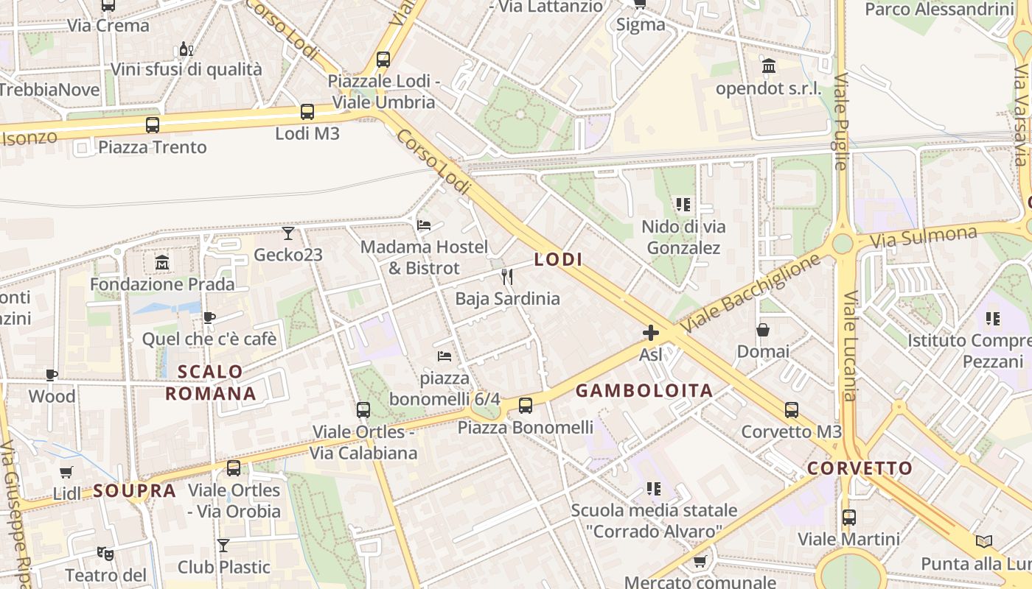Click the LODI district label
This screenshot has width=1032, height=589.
(x=558, y=259)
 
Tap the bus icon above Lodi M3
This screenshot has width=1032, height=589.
(x=307, y=112)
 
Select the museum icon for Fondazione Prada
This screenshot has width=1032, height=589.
(x=161, y=262)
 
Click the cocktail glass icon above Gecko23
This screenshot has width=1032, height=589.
(x=288, y=233)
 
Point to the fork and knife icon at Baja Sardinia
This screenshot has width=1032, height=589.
(x=507, y=277)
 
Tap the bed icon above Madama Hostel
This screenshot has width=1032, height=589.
(x=424, y=225)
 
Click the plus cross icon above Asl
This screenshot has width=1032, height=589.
(x=651, y=333)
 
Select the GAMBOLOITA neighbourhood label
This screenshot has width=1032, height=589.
(x=644, y=391)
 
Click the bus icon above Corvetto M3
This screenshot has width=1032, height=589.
(x=791, y=409)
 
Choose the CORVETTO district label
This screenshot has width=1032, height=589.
(x=860, y=468)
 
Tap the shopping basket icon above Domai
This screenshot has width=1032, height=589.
(x=763, y=330)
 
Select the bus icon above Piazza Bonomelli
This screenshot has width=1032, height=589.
(x=526, y=405)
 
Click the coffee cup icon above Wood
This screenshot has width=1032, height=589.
(x=52, y=375)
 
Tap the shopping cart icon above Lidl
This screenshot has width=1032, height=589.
(x=66, y=472)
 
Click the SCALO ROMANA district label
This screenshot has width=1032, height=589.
(x=211, y=382)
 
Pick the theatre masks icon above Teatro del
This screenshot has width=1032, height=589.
(x=105, y=552)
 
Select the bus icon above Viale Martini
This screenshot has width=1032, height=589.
(x=849, y=517)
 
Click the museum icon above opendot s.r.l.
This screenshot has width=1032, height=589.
(x=769, y=67)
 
